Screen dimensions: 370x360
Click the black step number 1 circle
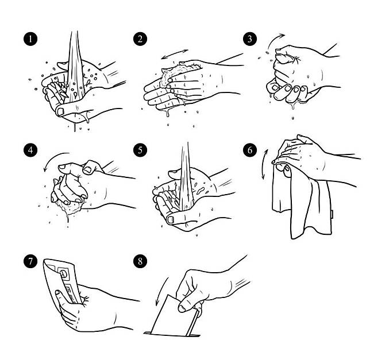(30, 39)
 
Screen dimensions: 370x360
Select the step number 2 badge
(140, 39)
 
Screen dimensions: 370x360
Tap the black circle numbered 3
(250, 39)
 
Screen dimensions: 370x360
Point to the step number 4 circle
(30, 150)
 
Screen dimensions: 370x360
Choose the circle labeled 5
(140, 150)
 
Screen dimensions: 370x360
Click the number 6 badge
(250, 150)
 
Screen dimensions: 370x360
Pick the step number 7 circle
(30, 261)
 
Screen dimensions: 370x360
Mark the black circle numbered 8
(140, 261)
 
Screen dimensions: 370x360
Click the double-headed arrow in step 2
(175, 54)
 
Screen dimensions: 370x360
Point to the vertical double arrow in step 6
(264, 164)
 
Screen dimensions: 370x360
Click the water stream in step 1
(75, 68)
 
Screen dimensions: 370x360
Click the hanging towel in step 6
(305, 203)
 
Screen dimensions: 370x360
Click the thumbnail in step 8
(182, 308)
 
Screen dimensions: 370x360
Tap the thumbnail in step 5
(171, 220)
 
